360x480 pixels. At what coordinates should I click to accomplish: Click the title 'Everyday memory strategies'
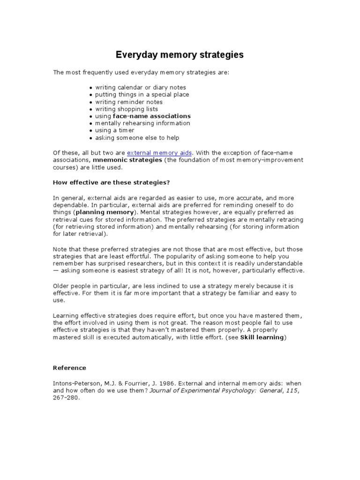pyautogui.click(x=180, y=55)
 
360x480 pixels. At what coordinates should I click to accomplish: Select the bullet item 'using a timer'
pyautogui.click(x=115, y=130)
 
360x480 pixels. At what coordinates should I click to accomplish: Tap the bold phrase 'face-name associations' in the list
pyautogui.click(x=152, y=116)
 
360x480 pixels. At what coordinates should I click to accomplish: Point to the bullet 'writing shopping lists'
pyautogui.click(x=127, y=109)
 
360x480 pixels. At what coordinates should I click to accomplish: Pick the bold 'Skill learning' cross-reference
pyautogui.click(x=262, y=337)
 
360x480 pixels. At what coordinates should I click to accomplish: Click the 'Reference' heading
pyautogui.click(x=69, y=367)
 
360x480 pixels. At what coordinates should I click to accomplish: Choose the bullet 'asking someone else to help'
pyautogui.click(x=137, y=138)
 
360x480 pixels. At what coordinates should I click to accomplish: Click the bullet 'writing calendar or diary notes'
pyautogui.click(x=141, y=87)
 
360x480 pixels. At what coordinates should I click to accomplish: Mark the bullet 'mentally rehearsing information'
pyautogui.click(x=143, y=123)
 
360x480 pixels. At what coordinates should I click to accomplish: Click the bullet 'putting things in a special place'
pyautogui.click(x=142, y=94)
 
